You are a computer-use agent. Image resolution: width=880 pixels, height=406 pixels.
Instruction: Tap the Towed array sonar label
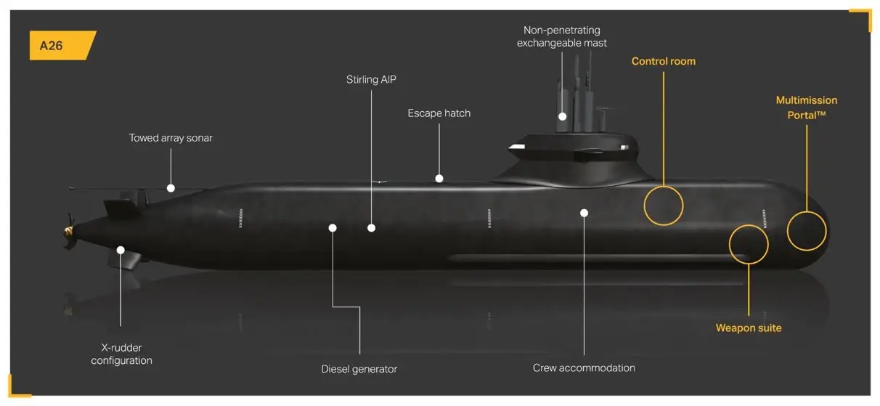(x=171, y=138)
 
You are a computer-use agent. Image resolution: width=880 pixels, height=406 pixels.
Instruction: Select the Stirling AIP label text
(x=371, y=79)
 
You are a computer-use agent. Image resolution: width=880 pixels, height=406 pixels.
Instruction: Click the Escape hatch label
(x=439, y=113)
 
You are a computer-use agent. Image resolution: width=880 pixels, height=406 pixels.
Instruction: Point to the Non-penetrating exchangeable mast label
(x=561, y=36)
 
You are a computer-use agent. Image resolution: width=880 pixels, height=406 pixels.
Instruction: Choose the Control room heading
(x=663, y=62)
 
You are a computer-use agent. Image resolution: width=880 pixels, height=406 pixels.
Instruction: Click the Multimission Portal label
(x=806, y=107)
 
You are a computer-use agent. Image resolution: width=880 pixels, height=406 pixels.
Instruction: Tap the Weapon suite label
(x=748, y=328)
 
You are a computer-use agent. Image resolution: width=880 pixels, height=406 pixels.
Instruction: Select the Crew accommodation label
(x=584, y=368)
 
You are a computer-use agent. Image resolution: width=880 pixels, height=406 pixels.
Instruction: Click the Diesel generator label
(x=359, y=369)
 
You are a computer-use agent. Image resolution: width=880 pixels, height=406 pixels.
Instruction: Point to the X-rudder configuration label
(x=121, y=354)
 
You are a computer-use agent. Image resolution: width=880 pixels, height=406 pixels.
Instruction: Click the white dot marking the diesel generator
(x=333, y=228)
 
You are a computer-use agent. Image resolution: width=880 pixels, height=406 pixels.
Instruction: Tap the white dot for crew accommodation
(x=584, y=213)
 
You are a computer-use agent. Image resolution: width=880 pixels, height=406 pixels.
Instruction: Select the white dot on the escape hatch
(x=439, y=178)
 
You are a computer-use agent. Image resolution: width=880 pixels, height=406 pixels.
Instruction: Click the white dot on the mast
(x=562, y=116)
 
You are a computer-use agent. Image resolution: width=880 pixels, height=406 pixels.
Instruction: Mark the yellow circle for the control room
(x=664, y=205)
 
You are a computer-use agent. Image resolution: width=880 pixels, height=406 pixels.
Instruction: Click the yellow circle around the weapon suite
(x=748, y=244)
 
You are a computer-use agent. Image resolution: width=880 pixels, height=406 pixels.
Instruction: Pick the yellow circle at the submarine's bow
(x=807, y=231)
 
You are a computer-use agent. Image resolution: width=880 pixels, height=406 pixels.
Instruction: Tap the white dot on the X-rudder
(x=121, y=251)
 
